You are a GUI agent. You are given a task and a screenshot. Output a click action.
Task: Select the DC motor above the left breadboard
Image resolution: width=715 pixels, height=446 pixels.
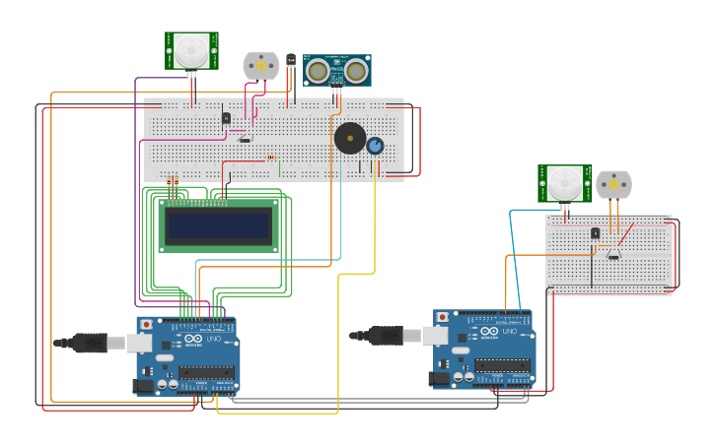tap(261, 66)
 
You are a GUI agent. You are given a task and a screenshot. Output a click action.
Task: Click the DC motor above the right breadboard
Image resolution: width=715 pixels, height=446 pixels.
tap(613, 184)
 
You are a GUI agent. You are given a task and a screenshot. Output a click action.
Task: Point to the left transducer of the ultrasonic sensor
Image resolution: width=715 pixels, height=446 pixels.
tap(318, 71)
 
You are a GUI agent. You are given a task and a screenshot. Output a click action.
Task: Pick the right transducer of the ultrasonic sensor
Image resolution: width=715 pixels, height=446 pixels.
tap(356, 71)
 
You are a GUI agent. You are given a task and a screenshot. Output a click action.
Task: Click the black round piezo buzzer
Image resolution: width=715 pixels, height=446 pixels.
tap(349, 138)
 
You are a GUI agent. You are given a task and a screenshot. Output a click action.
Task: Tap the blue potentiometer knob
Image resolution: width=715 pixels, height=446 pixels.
tap(375, 146)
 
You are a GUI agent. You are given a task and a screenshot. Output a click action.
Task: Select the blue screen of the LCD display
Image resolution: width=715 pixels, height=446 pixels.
tap(219, 227)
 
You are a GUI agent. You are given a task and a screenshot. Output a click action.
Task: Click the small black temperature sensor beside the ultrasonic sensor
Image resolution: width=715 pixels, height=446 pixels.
tap(291, 61)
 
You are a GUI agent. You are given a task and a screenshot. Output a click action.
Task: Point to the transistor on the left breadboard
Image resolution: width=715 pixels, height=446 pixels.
tap(226, 118)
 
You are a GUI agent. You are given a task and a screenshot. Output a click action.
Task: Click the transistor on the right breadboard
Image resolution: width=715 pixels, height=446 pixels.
tap(595, 233)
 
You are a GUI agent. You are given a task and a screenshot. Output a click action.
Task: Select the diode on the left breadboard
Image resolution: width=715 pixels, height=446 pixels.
tap(245, 140)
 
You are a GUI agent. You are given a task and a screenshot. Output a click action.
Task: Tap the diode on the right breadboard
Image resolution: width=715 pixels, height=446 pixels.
tap(613, 255)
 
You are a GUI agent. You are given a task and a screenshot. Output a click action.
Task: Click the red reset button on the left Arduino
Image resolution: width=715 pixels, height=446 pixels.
tap(147, 324)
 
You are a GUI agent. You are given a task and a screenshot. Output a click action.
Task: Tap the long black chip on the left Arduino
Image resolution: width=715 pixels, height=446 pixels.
tap(205, 372)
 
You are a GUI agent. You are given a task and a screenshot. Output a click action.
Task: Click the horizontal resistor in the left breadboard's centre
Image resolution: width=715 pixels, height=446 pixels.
tap(272, 157)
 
